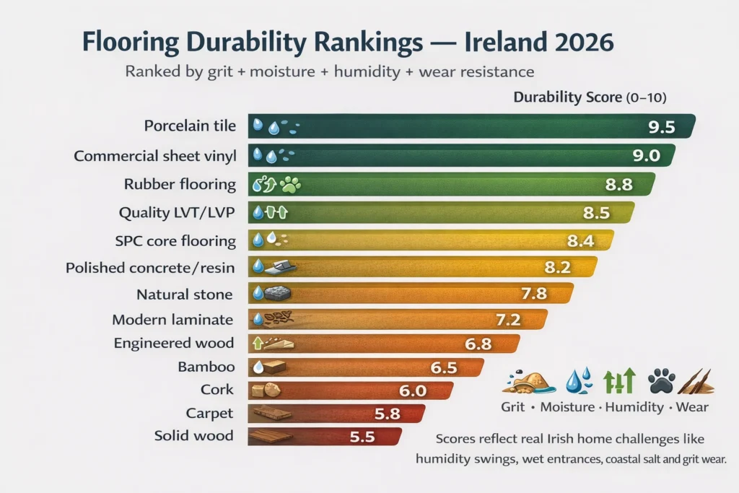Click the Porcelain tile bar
469,126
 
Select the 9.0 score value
646,155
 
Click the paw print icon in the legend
661,380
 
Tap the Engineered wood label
174,344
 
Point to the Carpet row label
210,413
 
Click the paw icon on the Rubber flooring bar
292,184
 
